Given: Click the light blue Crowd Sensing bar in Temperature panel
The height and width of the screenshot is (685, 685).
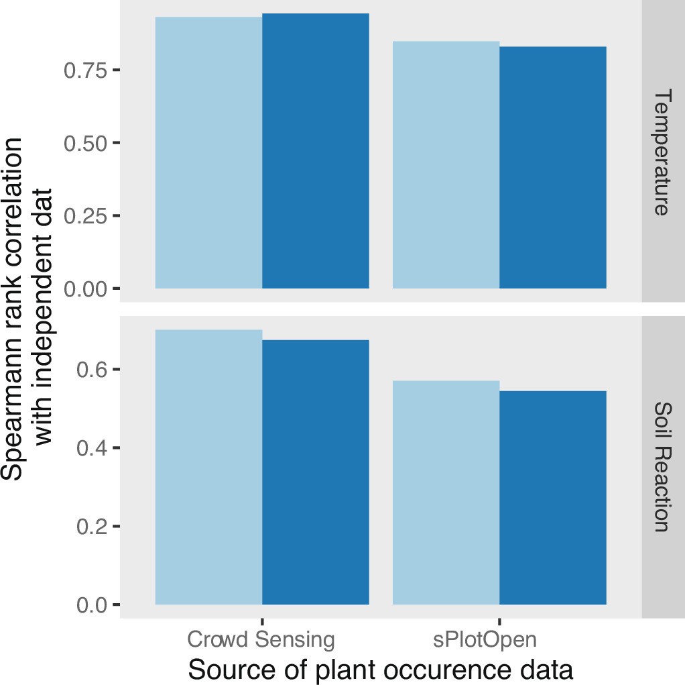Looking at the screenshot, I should click(208, 153).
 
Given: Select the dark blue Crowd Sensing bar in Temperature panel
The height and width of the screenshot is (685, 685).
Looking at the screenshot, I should click(315, 151).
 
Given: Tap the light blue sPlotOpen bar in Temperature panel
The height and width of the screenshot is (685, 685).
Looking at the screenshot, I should click(446, 165).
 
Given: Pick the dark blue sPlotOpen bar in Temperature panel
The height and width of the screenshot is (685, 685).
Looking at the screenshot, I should click(553, 168).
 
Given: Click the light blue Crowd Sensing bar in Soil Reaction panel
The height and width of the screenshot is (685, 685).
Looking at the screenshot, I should click(208, 467).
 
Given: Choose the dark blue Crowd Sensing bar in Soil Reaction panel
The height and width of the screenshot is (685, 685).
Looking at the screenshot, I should click(315, 472).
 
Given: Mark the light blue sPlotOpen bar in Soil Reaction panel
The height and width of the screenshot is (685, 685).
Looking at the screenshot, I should click(446, 492).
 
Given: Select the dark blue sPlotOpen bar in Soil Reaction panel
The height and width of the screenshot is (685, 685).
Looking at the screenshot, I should click(553, 498).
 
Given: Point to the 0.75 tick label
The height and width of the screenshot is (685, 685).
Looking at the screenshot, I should click(85, 70).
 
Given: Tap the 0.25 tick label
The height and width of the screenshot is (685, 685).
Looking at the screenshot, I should click(85, 216).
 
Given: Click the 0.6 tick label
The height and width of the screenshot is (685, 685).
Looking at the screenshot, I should click(92, 370).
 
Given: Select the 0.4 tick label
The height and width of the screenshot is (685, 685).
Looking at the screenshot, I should click(92, 448).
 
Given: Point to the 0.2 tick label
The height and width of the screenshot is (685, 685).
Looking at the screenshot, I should click(92, 527).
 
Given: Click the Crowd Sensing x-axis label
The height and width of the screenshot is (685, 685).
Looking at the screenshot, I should click(261, 639).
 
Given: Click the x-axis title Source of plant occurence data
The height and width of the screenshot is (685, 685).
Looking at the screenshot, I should click(381, 670).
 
